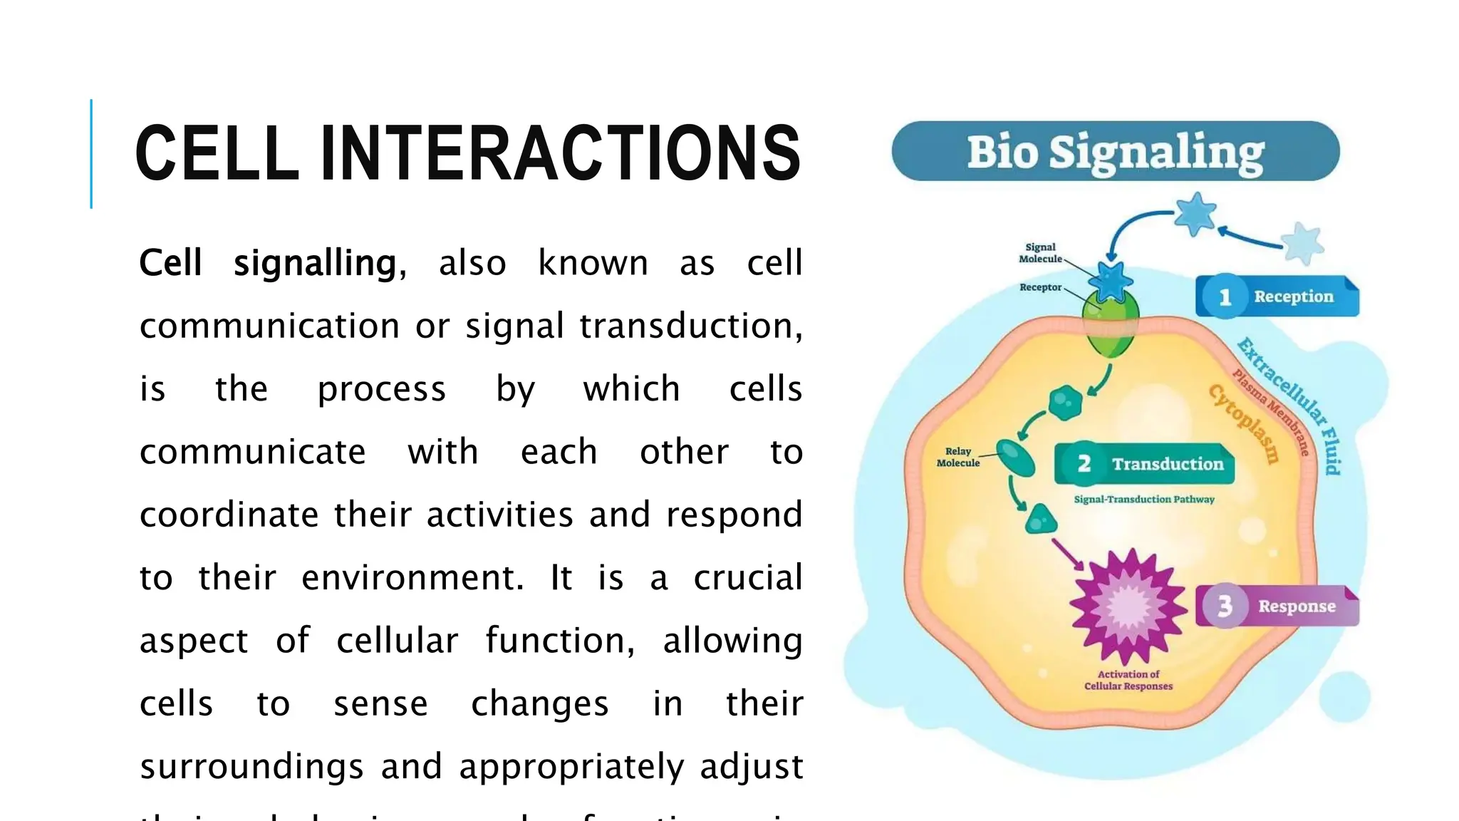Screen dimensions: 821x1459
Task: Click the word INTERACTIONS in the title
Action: pyautogui.click(x=561, y=153)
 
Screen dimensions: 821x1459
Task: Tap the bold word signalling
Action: pyautogui.click(x=314, y=264)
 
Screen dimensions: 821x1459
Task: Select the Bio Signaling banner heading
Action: pyautogui.click(x=1115, y=152)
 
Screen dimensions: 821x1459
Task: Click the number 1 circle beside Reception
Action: pyautogui.click(x=1225, y=296)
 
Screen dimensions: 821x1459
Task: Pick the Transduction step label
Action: pyautogui.click(x=1167, y=464)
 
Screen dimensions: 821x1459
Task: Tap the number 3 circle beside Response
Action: pyautogui.click(x=1225, y=606)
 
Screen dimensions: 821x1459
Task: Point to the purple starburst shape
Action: pyautogui.click(x=1128, y=606)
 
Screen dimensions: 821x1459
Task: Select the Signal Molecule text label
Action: pyautogui.click(x=1040, y=253)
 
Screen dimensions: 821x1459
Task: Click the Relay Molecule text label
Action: pyautogui.click(x=957, y=457)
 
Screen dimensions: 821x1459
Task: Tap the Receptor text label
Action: pyautogui.click(x=1040, y=287)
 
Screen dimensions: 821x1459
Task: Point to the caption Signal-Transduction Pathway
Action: pyautogui.click(x=1144, y=500)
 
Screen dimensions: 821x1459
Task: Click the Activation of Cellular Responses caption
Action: pyautogui.click(x=1128, y=680)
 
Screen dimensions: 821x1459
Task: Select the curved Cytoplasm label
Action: pyautogui.click(x=1243, y=423)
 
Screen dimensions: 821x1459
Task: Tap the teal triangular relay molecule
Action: pyautogui.click(x=1040, y=520)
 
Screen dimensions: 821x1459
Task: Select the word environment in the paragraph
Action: pyautogui.click(x=412, y=578)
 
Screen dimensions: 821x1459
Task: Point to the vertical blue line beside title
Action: pyautogui.click(x=91, y=153)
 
